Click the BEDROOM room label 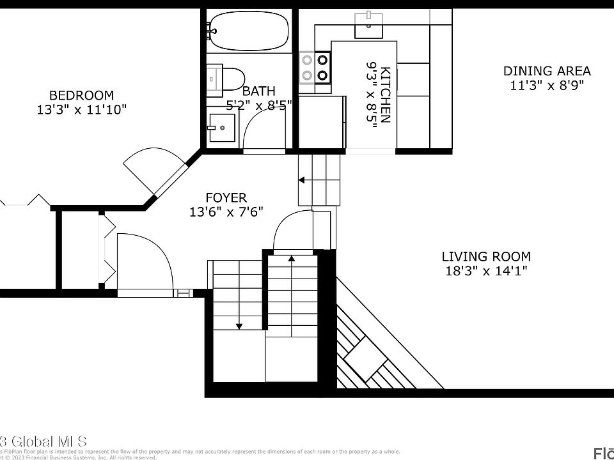coord(81,95)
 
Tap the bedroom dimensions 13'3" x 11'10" coord(81,110)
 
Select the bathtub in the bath coord(249,30)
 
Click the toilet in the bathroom coord(227,78)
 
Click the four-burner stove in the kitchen coord(315,68)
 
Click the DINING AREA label coord(546,71)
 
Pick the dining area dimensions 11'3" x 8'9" coord(546,85)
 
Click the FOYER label coord(226,198)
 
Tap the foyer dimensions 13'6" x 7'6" coord(226,212)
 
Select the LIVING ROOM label coord(486,257)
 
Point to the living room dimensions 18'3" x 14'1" coord(486,271)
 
